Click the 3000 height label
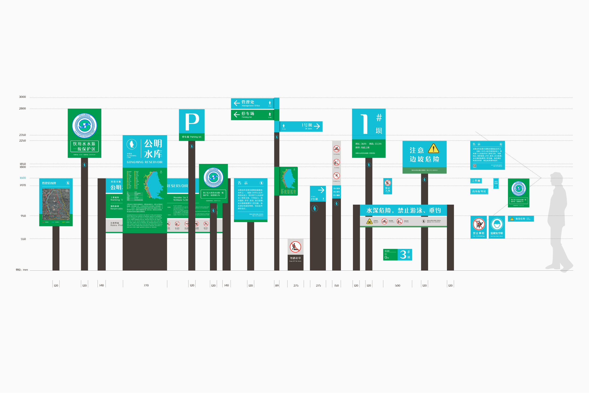(x=22, y=97)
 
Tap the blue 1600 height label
(x=23, y=178)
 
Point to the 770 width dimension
(x=146, y=285)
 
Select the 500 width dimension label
(x=397, y=285)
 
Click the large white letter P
(x=192, y=122)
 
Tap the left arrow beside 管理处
(x=236, y=103)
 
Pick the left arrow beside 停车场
(x=236, y=115)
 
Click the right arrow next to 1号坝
(x=317, y=126)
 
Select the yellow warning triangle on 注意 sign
(x=433, y=148)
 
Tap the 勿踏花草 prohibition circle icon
(x=295, y=247)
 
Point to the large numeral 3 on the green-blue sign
(x=403, y=255)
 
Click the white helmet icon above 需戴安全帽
(x=497, y=224)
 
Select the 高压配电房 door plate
(x=479, y=191)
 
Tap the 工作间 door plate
(x=476, y=181)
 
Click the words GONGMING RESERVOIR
(x=144, y=162)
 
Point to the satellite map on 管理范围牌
(x=56, y=204)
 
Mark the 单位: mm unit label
(x=22, y=270)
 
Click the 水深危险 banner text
(x=403, y=211)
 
